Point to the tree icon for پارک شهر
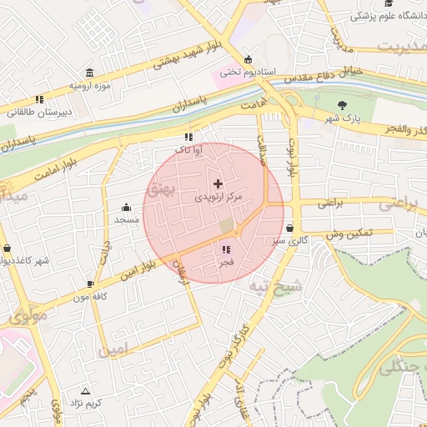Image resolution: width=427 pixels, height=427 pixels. [342, 105]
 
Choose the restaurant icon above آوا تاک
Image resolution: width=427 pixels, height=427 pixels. [188, 137]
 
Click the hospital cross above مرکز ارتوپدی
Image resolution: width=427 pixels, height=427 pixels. [219, 183]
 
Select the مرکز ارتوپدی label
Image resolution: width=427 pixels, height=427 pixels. [219, 198]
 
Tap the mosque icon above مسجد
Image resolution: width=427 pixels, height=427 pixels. [127, 207]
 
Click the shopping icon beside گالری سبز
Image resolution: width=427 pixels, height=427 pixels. [289, 228]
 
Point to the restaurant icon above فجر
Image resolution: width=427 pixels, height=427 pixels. [225, 249]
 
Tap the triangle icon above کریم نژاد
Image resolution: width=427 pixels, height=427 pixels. [84, 390]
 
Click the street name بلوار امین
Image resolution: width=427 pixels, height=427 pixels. [133, 269]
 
